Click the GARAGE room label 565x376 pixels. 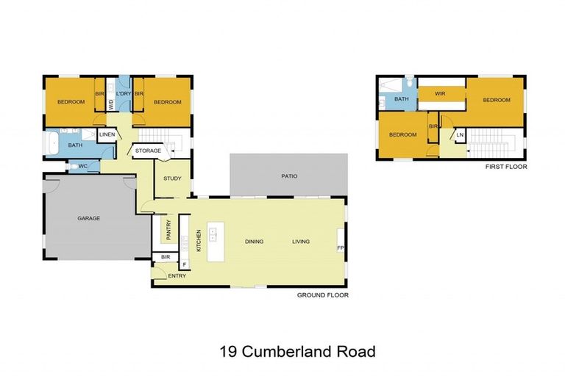point(89,218)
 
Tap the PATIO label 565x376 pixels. point(289,176)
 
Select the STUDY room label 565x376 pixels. point(172,178)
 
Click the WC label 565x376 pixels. point(83,167)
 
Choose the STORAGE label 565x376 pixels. point(148,151)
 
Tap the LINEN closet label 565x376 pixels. point(107,135)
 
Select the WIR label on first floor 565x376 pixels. point(440,94)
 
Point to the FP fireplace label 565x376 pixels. point(341,248)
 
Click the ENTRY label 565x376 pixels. point(177,275)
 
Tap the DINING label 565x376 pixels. point(254,242)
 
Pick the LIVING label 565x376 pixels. point(301,242)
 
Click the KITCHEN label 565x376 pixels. point(199,240)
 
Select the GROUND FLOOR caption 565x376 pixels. point(322,295)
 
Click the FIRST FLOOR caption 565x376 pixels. point(506,167)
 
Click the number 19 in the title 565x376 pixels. point(227,351)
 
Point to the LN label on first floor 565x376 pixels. point(460,135)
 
